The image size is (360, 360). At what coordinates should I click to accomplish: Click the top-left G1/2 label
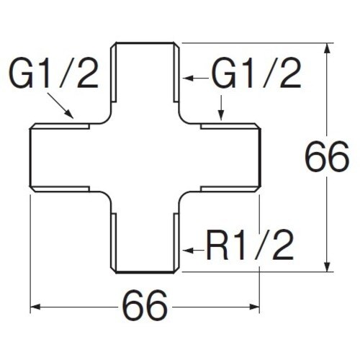pyautogui.click(x=53, y=73)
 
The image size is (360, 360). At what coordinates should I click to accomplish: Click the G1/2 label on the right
pyautogui.click(x=256, y=73)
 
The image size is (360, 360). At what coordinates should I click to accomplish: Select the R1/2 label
pyautogui.click(x=250, y=245)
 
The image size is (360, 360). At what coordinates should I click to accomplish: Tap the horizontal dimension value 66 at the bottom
pyautogui.click(x=145, y=307)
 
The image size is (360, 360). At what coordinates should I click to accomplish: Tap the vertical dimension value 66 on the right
pyautogui.click(x=327, y=156)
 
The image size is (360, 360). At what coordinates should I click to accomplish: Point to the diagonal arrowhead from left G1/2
pyautogui.click(x=69, y=114)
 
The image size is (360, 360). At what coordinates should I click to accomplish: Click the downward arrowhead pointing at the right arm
pyautogui.click(x=221, y=116)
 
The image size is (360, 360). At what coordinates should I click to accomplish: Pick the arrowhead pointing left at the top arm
pyautogui.click(x=188, y=78)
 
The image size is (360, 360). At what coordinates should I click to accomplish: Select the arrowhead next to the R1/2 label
pyautogui.click(x=188, y=251)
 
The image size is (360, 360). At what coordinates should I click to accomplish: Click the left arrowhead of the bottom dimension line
pyautogui.click(x=35, y=307)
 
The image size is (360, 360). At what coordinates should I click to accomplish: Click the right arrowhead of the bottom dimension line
pyautogui.click(x=254, y=307)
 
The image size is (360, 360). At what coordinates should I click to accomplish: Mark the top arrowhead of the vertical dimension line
pyautogui.click(x=327, y=48)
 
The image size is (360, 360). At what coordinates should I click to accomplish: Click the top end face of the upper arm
pyautogui.click(x=145, y=43)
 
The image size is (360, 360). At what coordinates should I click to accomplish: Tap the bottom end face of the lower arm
pyautogui.click(x=145, y=272)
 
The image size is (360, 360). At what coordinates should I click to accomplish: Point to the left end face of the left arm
pyautogui.click(x=30, y=158)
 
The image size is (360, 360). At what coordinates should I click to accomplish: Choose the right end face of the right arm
pyautogui.click(x=259, y=158)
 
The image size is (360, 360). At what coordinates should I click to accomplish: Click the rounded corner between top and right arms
pyautogui.click(x=183, y=120)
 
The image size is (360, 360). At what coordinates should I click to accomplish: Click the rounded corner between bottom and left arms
pyautogui.click(x=107, y=196)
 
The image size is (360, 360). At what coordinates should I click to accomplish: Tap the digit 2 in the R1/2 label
pyautogui.click(x=283, y=245)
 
